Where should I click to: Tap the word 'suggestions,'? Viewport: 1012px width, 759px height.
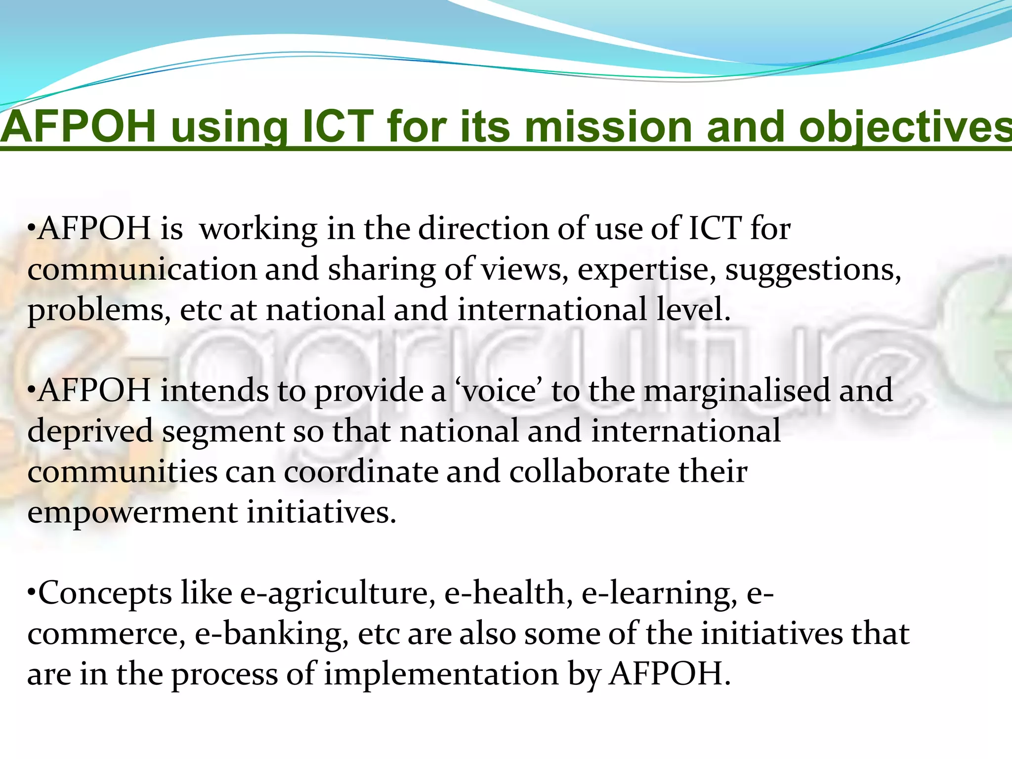(813, 271)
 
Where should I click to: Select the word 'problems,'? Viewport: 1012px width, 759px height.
(99, 311)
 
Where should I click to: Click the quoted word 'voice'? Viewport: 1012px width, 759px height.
(499, 391)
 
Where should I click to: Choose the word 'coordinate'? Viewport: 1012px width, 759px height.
(361, 472)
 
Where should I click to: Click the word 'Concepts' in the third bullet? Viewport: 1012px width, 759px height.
(105, 594)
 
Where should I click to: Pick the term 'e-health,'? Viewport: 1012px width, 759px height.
(509, 593)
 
